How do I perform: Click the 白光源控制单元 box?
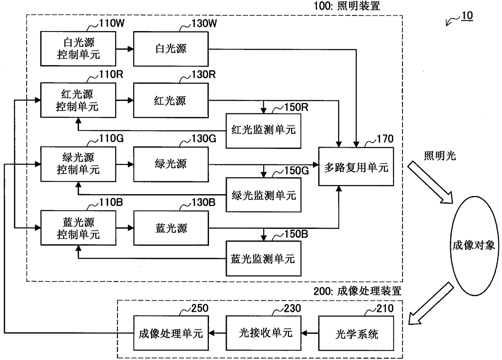(78, 49)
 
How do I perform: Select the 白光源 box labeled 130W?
(171, 49)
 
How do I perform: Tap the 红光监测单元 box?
(263, 131)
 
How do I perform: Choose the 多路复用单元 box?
(356, 166)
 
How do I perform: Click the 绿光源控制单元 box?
(78, 164)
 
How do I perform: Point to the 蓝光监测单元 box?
(263, 258)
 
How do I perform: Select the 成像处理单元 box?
(171, 333)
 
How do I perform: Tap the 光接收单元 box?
(263, 333)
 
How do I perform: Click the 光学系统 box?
(356, 333)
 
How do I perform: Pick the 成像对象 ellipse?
(474, 246)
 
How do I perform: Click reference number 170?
(385, 139)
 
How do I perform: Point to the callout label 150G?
(296, 171)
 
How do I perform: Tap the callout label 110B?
(111, 202)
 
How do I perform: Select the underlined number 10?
(467, 16)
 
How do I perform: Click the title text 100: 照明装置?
(347, 6)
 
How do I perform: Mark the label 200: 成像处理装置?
(357, 291)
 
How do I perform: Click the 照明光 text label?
(440, 156)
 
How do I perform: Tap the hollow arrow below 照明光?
(430, 182)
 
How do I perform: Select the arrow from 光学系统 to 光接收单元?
(310, 333)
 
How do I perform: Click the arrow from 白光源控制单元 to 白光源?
(125, 49)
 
